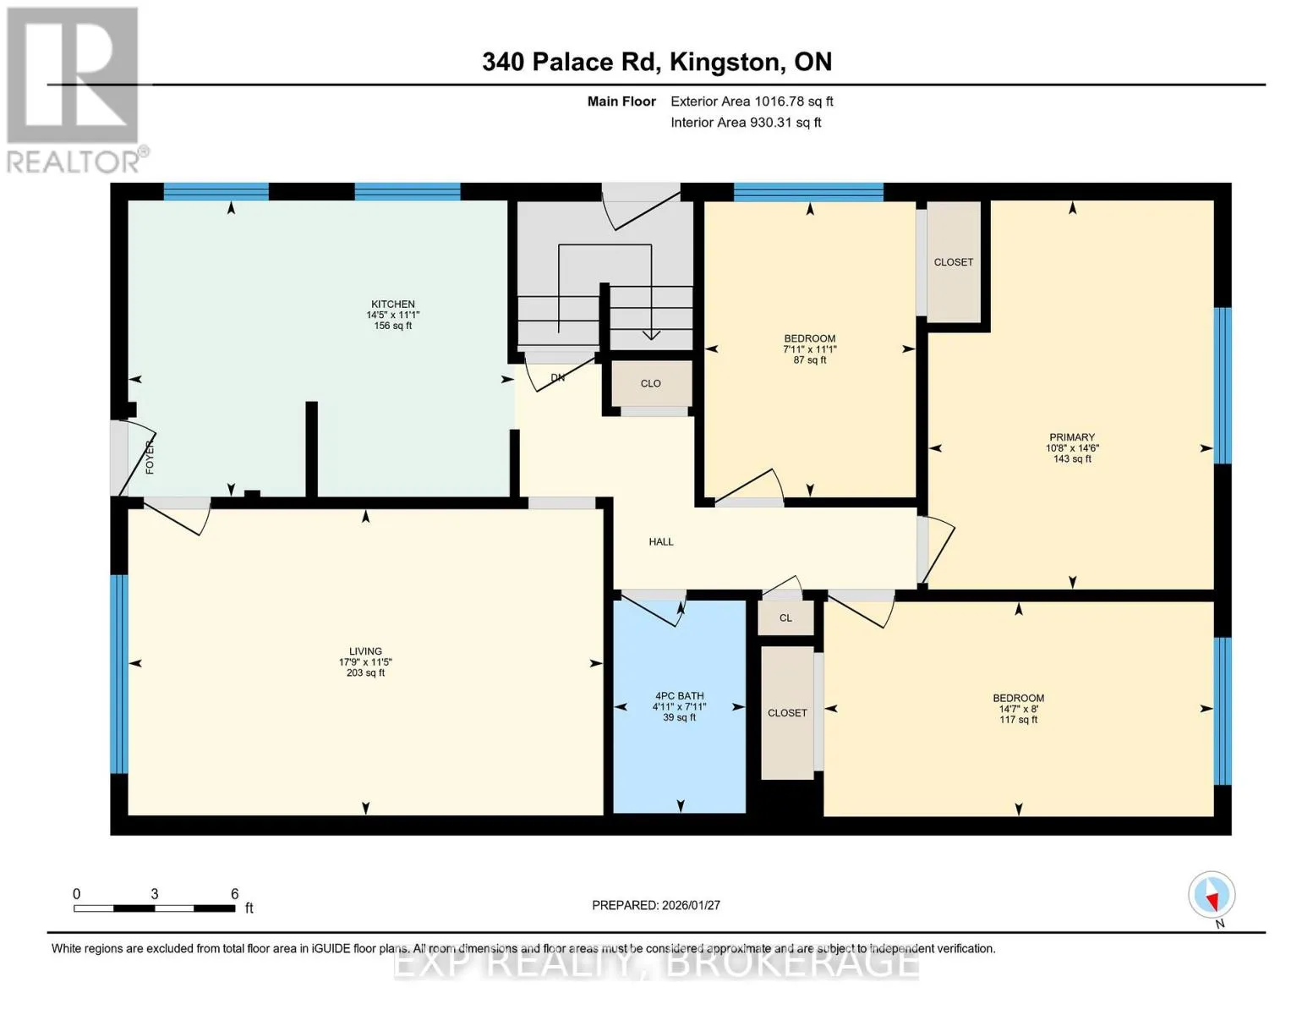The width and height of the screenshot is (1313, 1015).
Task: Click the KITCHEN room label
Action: [x=393, y=304]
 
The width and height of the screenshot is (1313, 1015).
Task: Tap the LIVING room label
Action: [x=365, y=651]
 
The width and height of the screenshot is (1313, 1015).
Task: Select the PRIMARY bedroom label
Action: [x=1072, y=437]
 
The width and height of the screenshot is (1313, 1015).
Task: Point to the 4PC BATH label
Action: [x=679, y=696]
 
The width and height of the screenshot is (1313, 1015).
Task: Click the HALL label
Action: [x=661, y=541]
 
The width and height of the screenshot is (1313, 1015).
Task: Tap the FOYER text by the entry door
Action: [x=150, y=457]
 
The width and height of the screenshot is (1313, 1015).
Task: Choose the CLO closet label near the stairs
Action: [x=650, y=383]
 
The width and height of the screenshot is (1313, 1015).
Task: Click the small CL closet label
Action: [x=785, y=617]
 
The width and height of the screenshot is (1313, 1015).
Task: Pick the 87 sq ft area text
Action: [x=810, y=359]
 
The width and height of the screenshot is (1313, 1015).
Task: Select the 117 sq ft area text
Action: [x=1018, y=720]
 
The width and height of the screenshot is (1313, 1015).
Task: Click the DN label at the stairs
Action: [x=558, y=378]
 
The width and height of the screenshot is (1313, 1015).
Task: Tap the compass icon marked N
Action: [x=1212, y=895]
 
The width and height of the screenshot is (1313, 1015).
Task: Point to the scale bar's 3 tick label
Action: [x=155, y=894]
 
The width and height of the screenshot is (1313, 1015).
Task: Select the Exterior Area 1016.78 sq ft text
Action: [x=752, y=101]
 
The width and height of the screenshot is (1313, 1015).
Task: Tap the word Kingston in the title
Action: [x=725, y=62]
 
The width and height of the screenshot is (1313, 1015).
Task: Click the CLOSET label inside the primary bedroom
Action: [x=954, y=261]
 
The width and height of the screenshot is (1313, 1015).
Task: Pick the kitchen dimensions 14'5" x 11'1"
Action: [x=393, y=315]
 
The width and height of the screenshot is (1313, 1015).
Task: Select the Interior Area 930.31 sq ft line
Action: [x=746, y=123]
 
